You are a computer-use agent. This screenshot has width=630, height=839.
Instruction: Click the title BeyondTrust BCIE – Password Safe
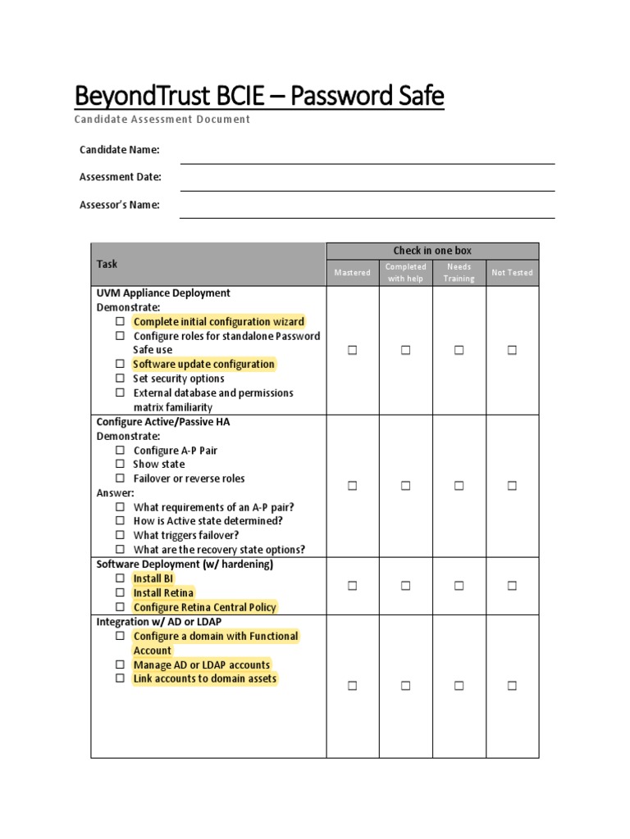(x=259, y=97)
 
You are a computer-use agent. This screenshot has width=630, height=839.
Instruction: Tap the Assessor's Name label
(x=120, y=205)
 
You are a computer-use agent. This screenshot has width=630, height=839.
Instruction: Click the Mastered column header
(x=353, y=272)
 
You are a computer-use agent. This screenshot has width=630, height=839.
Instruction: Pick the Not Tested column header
(x=512, y=272)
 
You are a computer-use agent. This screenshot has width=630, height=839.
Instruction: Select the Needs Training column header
(x=459, y=272)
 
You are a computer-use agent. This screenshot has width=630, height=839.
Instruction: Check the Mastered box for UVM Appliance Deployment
(x=353, y=350)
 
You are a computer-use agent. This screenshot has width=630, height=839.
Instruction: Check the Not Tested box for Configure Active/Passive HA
(x=512, y=486)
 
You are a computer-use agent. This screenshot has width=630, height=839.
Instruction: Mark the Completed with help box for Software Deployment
(x=405, y=585)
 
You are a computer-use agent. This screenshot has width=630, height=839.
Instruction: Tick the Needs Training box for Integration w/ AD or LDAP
(x=459, y=686)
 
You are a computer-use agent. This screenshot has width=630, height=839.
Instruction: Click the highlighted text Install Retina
(x=164, y=592)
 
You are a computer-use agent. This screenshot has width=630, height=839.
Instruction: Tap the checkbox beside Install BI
(x=120, y=578)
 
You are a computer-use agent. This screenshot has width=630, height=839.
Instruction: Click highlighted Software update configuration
(x=203, y=364)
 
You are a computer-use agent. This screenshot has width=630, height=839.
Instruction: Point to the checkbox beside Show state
(x=120, y=465)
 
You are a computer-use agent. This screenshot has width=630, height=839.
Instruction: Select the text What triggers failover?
(x=186, y=535)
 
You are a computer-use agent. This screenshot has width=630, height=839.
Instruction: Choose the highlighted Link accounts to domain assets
(x=205, y=678)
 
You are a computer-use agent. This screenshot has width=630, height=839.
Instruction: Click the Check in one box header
(x=432, y=251)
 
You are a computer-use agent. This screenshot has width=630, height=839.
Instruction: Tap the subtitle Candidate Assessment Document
(x=162, y=120)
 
